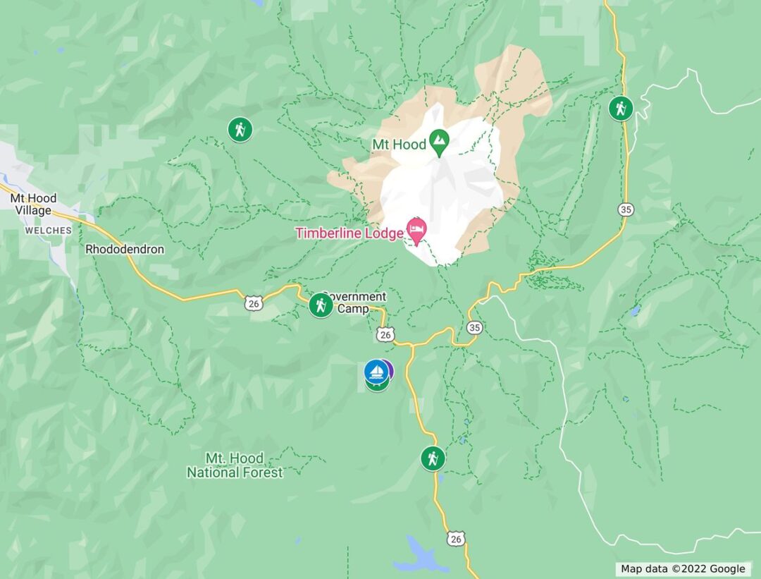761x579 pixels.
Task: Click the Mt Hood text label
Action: pos(399,145)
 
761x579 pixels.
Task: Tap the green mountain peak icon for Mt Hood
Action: pos(440,143)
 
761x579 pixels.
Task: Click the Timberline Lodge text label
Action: pos(348,233)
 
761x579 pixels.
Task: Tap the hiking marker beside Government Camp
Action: pos(321,305)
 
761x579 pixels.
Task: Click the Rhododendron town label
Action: pos(124,250)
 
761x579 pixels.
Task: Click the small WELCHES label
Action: pos(48,231)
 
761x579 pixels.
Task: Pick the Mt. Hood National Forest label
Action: pos(235,465)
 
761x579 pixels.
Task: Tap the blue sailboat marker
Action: pos(376,371)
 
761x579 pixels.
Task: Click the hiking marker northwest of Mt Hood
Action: pos(240,130)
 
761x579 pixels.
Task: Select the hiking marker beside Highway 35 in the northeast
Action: pos(621,109)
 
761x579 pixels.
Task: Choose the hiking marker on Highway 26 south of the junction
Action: pos(433,458)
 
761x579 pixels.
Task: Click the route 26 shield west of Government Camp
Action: pos(253,303)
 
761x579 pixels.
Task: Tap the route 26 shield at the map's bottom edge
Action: pos(456,539)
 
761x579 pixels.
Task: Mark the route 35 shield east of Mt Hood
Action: pos(626,209)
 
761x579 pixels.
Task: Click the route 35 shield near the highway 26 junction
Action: pos(475,327)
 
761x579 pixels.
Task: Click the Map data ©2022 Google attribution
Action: pos(682,569)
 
